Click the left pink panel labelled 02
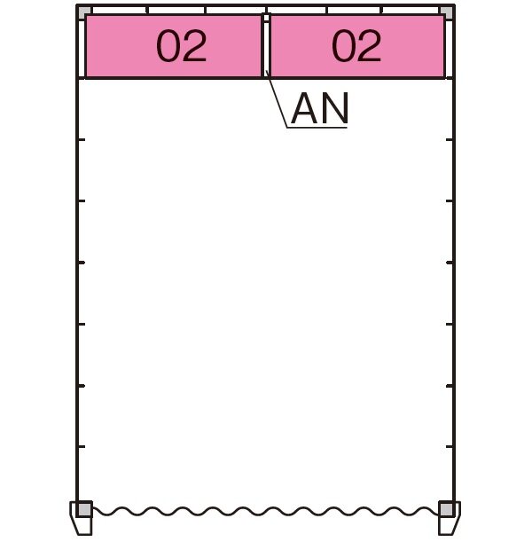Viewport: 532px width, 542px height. (x=174, y=46)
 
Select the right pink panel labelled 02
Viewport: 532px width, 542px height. (x=357, y=46)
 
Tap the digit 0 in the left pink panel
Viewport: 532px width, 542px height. (x=168, y=46)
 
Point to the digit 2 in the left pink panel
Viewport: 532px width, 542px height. (x=194, y=46)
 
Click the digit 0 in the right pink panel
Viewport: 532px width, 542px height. (x=343, y=46)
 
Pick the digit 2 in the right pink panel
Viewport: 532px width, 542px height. (x=370, y=46)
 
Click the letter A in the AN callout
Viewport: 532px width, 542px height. (x=304, y=108)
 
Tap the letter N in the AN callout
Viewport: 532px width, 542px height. (x=334, y=108)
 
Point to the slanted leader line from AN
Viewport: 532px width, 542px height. (x=277, y=99)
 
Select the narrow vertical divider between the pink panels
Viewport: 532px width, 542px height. (x=266, y=46)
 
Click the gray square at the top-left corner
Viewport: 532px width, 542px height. (x=84, y=12)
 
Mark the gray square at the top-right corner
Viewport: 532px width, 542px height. (x=446, y=12)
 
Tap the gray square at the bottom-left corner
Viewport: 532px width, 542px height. (x=84, y=509)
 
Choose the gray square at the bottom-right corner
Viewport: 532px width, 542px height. (x=446, y=509)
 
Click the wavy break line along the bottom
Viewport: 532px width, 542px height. (x=265, y=511)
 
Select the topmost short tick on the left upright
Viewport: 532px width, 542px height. (x=82, y=139)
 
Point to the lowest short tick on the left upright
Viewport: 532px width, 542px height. (x=82, y=447)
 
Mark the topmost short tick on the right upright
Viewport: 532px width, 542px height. (x=449, y=139)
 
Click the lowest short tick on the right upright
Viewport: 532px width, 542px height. (x=449, y=447)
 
